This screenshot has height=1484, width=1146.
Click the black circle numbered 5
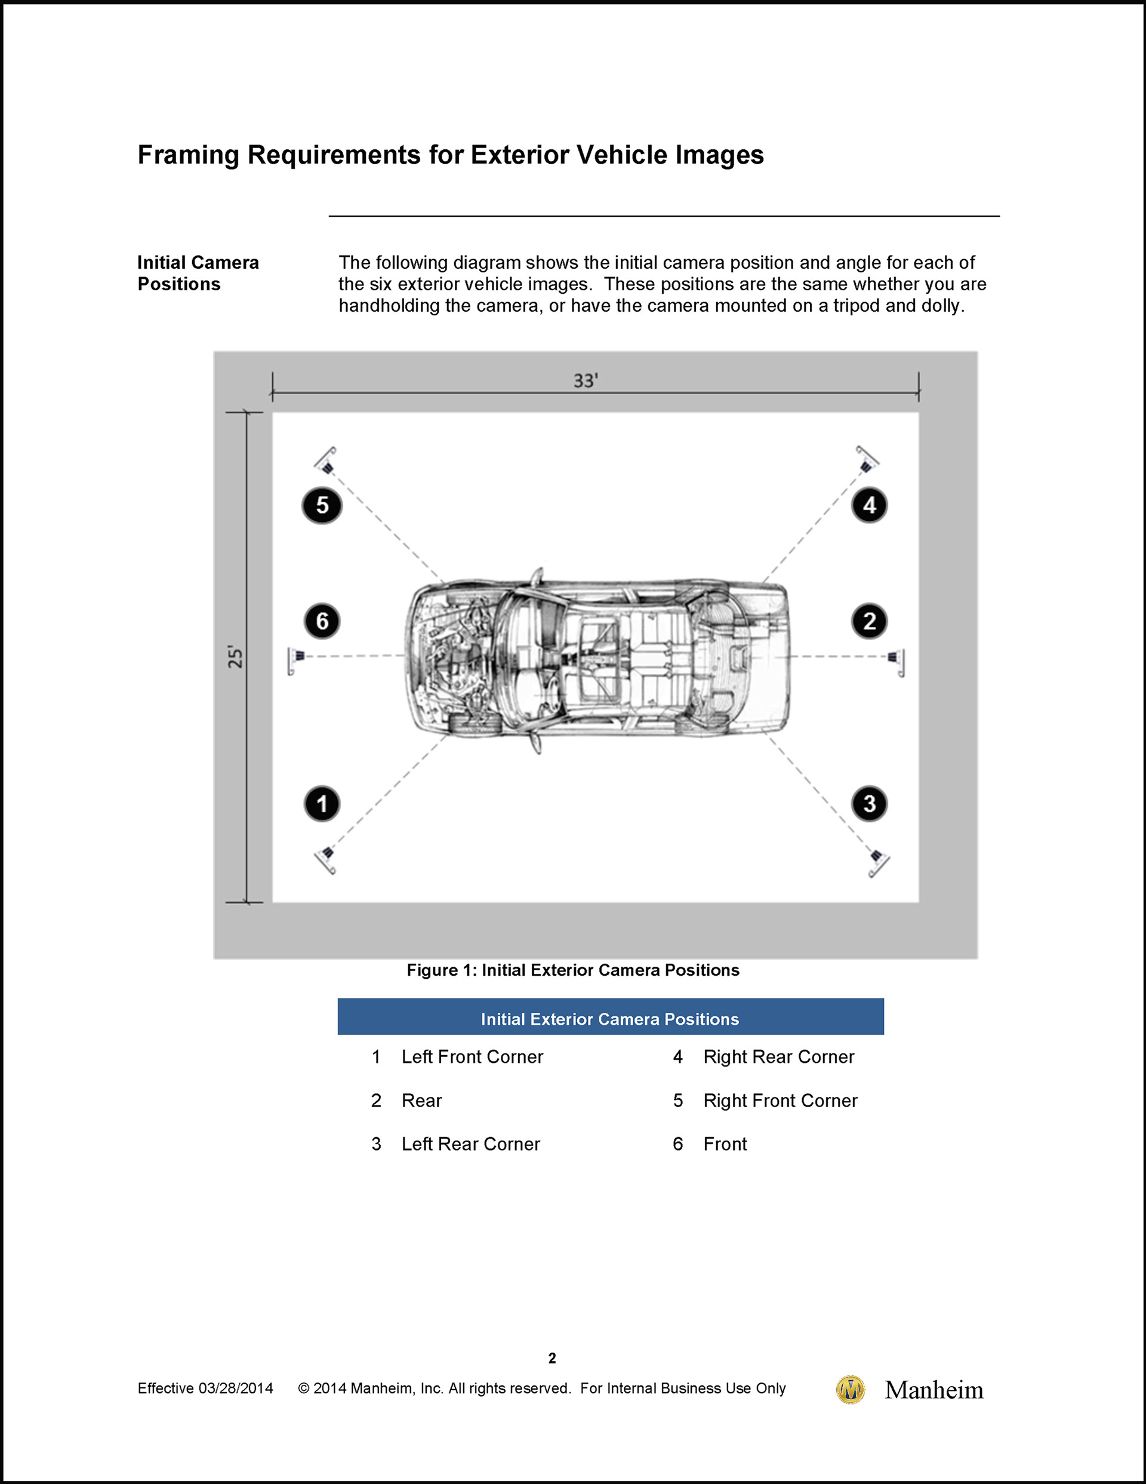[x=322, y=506]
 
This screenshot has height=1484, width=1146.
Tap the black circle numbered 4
[x=869, y=506]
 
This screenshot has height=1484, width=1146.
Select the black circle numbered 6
[x=322, y=621]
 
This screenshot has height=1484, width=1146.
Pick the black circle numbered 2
[x=869, y=621]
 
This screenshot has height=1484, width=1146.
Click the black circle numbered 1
[x=322, y=804]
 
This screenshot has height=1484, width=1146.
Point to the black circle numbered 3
[x=869, y=804]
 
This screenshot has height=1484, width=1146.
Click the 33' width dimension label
[x=586, y=380]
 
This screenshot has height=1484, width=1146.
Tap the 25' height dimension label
[x=235, y=657]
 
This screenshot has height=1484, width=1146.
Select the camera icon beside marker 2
[x=897, y=659]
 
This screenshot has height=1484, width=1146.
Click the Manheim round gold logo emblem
[x=850, y=1390]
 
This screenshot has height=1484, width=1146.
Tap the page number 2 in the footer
[x=552, y=1359]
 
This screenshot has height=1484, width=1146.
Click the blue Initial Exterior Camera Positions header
[x=610, y=1019]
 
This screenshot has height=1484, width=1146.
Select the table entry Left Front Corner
[x=472, y=1057]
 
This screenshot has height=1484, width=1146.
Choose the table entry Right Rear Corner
[x=778, y=1057]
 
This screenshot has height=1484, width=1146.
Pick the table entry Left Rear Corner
[x=471, y=1144]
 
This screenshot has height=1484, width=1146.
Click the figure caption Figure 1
[x=572, y=970]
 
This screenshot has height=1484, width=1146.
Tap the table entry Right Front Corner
[x=780, y=1101]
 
